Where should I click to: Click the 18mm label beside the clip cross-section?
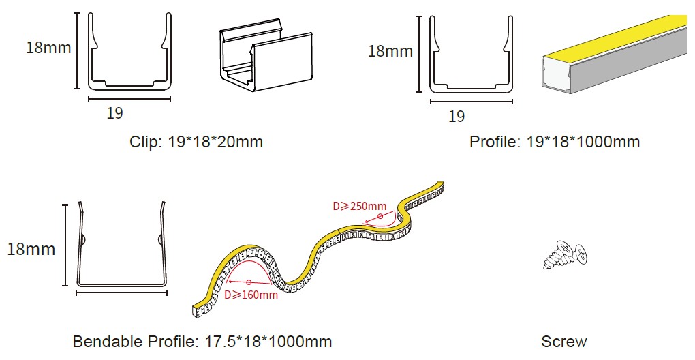click(48, 48)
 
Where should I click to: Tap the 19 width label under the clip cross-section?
click(114, 113)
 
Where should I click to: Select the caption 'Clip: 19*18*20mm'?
click(196, 142)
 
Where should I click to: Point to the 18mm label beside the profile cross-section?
click(390, 51)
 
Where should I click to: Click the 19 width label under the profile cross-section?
click(457, 116)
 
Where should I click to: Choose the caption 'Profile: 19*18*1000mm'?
click(555, 142)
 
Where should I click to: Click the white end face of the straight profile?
click(554, 76)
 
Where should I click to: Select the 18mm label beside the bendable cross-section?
click(31, 249)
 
